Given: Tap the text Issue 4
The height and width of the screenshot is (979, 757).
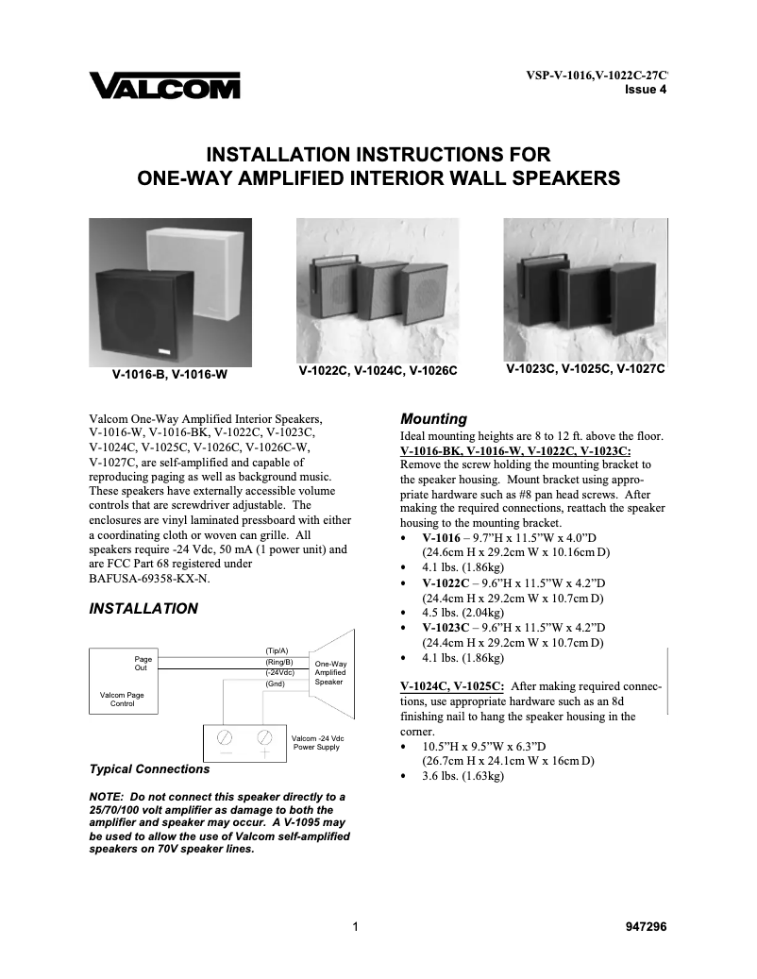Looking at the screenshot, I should coord(647,91).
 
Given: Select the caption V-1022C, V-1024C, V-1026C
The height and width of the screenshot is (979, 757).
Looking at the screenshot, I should coord(378,371).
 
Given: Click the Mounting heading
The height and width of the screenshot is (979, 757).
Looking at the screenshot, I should coord(434,418).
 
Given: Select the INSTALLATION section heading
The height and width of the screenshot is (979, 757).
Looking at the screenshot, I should coord(143,609).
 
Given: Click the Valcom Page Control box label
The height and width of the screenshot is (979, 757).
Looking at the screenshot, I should coord(122,699).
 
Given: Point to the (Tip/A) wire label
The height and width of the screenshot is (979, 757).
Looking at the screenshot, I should coord(277,650).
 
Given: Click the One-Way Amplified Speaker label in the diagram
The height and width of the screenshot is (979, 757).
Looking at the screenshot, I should coord(328,672).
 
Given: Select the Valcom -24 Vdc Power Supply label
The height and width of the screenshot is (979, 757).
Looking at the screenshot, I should coord(317,742).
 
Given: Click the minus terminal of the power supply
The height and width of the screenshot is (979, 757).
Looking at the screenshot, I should coord(227,737).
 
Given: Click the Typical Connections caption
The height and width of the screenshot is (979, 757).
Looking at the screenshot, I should coord(149,768).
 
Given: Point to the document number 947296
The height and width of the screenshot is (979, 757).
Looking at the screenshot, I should coord(646,927).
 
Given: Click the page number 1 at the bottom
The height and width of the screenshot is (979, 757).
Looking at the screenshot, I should coord(355,927).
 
